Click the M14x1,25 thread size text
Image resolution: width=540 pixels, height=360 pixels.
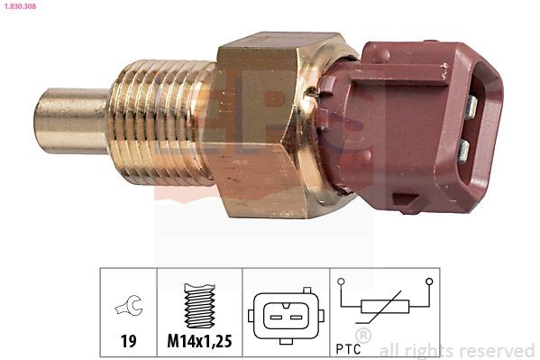point(199,341)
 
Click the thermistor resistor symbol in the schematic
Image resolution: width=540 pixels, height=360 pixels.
point(385,308)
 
